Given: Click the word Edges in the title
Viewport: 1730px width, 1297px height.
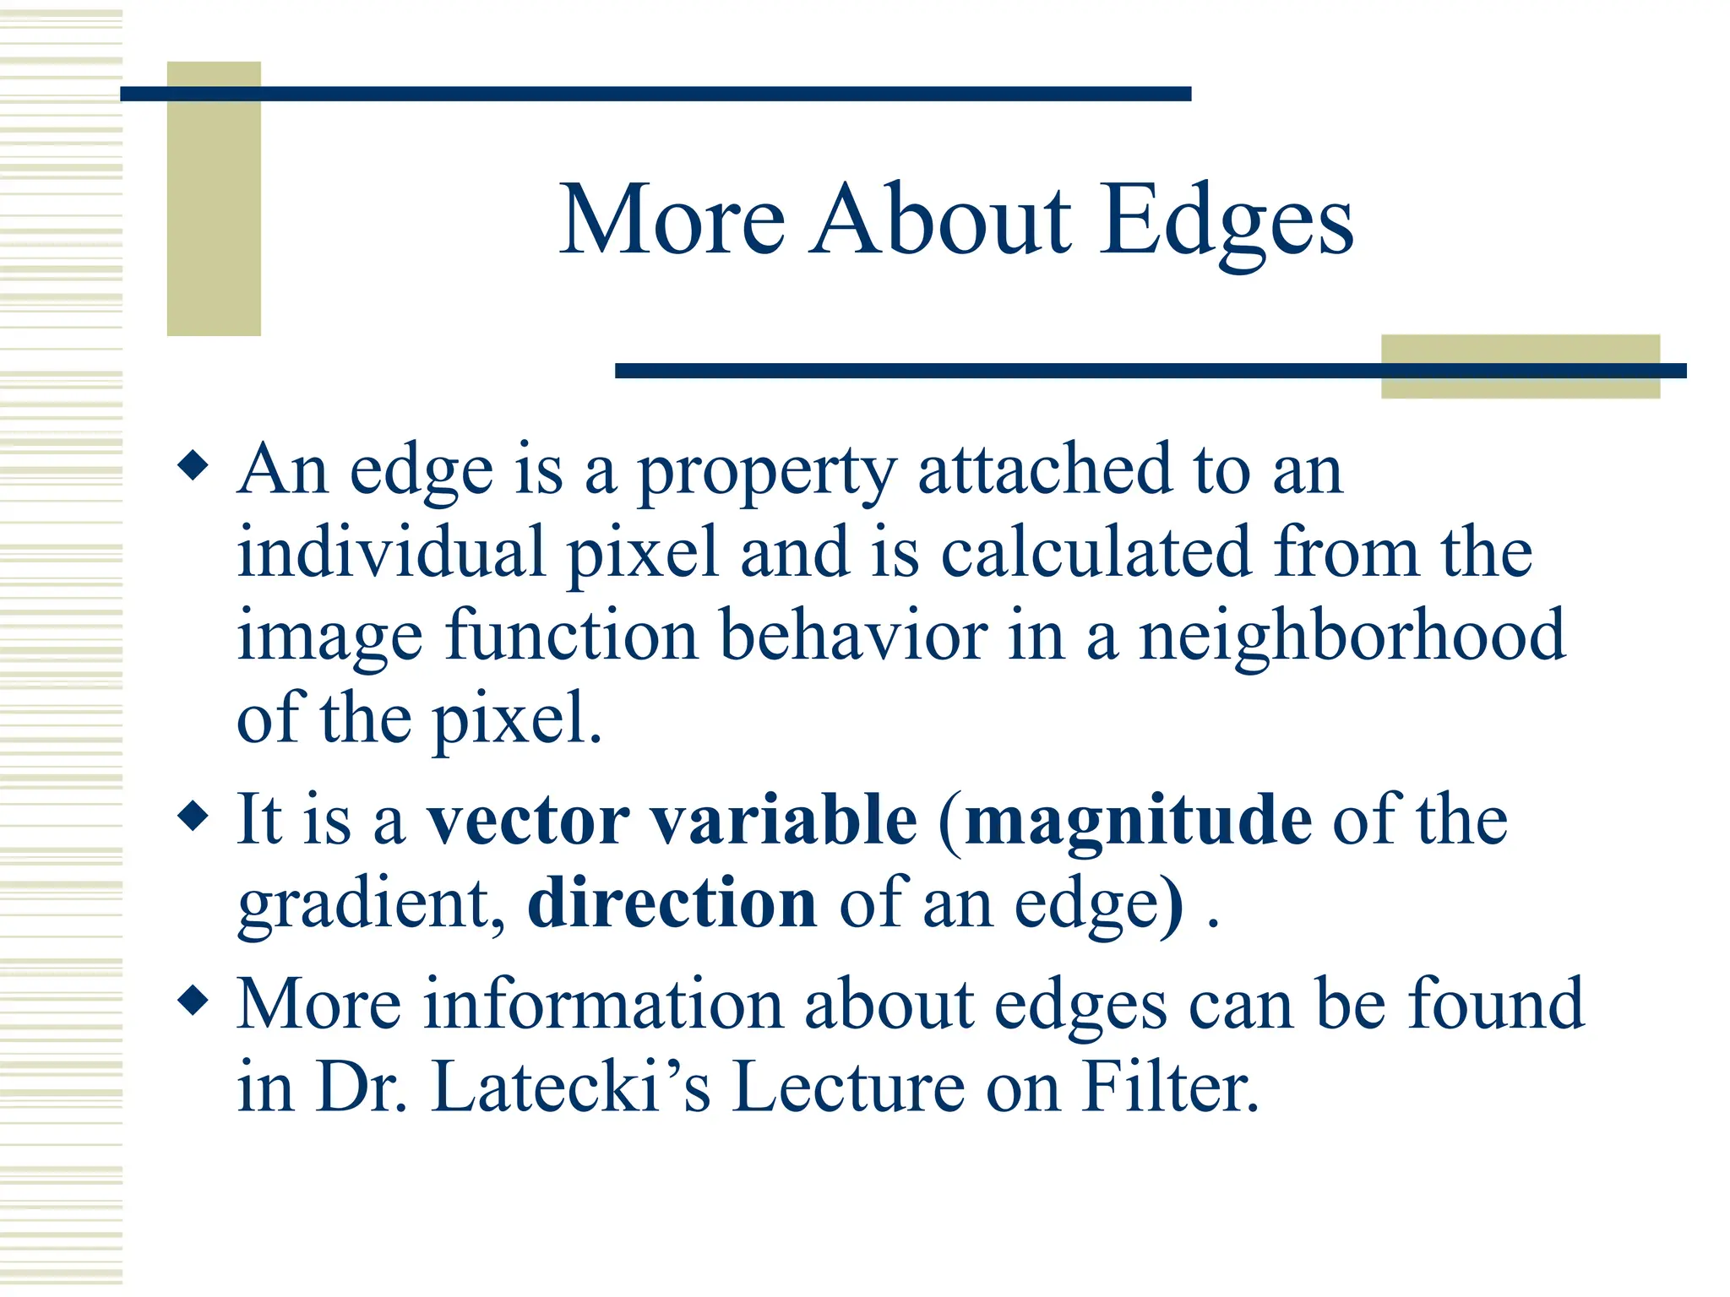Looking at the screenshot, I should pyautogui.click(x=1226, y=221).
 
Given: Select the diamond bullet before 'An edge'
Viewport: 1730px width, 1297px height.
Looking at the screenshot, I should pyautogui.click(x=193, y=465).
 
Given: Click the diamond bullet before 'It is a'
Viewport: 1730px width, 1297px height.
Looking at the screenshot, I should pyautogui.click(x=193, y=816).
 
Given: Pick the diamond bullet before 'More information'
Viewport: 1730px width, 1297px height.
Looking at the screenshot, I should pyautogui.click(x=193, y=1001).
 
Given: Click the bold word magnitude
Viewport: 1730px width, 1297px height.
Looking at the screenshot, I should pyautogui.click(x=1138, y=821).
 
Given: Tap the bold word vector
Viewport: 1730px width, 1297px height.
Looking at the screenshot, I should pyautogui.click(x=528, y=821).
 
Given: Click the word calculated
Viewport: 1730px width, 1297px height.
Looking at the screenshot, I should pyautogui.click(x=1095, y=553).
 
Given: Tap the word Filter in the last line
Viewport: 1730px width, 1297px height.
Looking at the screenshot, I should pyautogui.click(x=1170, y=1088).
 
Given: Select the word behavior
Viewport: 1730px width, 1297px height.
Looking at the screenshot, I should pyautogui.click(x=853, y=637).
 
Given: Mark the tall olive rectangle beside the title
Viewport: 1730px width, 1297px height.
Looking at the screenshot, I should pyautogui.click(x=214, y=198).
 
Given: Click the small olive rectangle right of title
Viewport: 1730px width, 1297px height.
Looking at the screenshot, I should pyautogui.click(x=1520, y=366).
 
